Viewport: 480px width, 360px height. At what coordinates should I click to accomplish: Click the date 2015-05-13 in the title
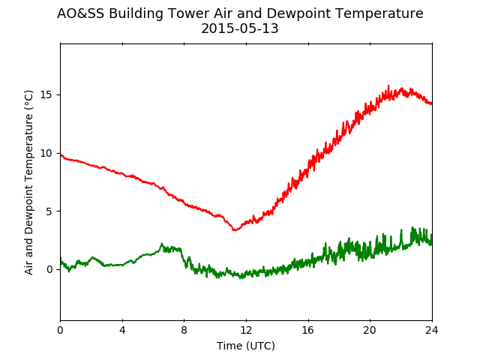(x=240, y=28)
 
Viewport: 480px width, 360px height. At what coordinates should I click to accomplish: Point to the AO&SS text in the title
(x=81, y=13)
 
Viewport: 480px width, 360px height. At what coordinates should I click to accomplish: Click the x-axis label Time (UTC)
(x=246, y=346)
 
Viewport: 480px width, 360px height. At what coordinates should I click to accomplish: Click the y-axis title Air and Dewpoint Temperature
(x=28, y=182)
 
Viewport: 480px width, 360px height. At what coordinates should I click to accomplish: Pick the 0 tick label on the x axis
(x=60, y=330)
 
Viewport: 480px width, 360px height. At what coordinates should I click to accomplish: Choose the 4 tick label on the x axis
(x=122, y=330)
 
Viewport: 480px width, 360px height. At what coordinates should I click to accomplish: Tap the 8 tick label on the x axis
(x=184, y=330)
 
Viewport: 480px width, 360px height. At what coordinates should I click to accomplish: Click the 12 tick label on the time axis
(x=246, y=330)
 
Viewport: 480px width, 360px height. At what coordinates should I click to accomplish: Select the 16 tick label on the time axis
(x=308, y=330)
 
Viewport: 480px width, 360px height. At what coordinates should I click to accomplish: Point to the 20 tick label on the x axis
(x=370, y=330)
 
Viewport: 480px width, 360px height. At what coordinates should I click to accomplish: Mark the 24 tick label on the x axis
(x=432, y=330)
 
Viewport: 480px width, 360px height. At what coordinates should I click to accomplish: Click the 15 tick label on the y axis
(x=46, y=95)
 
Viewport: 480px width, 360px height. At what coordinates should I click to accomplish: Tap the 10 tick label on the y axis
(x=46, y=153)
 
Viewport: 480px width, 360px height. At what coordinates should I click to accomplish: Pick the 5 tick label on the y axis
(x=49, y=211)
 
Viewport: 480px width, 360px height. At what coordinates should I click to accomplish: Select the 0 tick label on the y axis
(x=49, y=269)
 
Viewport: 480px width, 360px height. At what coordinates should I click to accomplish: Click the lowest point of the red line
(x=234, y=229)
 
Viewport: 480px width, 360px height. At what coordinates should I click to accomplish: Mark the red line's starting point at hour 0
(x=61, y=155)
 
